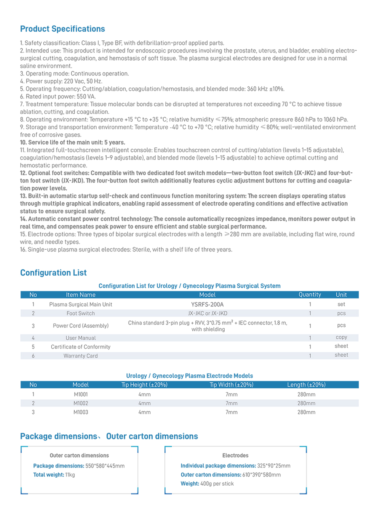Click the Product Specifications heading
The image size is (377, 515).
tap(63, 29)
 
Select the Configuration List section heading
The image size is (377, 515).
tap(54, 273)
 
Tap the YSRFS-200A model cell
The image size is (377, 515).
tap(207, 304)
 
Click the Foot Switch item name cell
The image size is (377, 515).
tap(81, 313)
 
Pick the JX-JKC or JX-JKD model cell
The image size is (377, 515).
tap(208, 313)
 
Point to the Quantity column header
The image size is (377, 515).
tap(310, 295)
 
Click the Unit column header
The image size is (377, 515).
tap(341, 295)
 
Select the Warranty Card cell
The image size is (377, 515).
tap(81, 356)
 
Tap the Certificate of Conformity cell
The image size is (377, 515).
tap(81, 347)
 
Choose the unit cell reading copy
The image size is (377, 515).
tap(341, 337)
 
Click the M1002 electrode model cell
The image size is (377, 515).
tap(81, 403)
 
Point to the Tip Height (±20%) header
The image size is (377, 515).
tap(144, 385)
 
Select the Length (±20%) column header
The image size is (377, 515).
tap(306, 385)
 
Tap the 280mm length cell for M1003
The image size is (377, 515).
tap(306, 412)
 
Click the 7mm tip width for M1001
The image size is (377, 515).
tap(231, 394)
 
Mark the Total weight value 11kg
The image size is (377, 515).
tap(70, 475)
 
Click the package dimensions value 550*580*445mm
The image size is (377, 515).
tap(105, 466)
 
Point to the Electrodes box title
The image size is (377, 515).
tap(235, 455)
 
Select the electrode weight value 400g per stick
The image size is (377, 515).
tap(217, 484)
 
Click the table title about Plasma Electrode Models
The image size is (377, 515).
tap(189, 376)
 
